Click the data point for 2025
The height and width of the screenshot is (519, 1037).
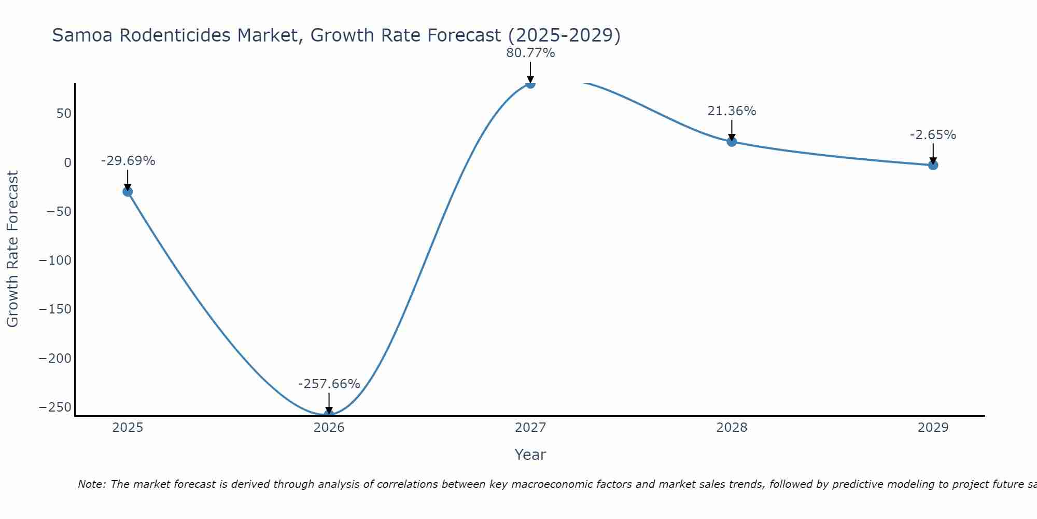coord(128,192)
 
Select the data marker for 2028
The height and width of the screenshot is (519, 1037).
coord(732,141)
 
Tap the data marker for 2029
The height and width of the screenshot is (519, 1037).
coord(933,165)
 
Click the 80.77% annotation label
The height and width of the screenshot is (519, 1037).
coord(530,53)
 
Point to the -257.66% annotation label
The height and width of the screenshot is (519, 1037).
coord(329,384)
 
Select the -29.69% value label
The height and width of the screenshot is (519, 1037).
coord(128,161)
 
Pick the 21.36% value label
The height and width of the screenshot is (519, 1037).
coord(732,111)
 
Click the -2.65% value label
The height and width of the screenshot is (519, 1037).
coord(933,135)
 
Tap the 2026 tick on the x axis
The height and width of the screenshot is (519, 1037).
coord(329,428)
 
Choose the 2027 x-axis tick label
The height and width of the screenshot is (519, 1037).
coord(530,428)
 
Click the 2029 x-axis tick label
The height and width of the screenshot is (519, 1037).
coord(933,428)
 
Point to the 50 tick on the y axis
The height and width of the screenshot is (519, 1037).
coord(64,114)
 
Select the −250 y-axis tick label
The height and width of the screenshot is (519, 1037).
coord(55,407)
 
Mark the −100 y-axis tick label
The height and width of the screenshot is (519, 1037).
coord(55,261)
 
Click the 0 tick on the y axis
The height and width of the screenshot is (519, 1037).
coord(67,163)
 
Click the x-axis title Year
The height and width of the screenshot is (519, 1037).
coord(530,455)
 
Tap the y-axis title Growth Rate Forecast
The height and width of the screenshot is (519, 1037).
coord(12,249)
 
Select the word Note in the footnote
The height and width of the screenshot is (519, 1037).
coord(91,484)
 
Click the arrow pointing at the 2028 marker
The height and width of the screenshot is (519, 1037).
coord(732,130)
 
